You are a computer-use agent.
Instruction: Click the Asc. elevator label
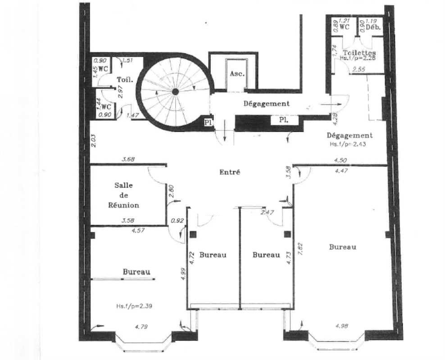pyautogui.click(x=237, y=74)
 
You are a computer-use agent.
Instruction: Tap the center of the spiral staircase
pyautogui.click(x=175, y=92)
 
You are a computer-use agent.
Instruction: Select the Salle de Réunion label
pyautogui.click(x=127, y=195)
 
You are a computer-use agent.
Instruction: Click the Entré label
pyautogui.click(x=230, y=172)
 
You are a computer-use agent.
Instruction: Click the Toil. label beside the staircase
pyautogui.click(x=124, y=79)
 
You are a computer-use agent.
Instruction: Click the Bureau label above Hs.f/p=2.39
pyautogui.click(x=136, y=272)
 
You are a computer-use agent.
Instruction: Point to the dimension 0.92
pyautogui.click(x=177, y=220)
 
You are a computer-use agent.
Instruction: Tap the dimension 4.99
pyautogui.click(x=183, y=274)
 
